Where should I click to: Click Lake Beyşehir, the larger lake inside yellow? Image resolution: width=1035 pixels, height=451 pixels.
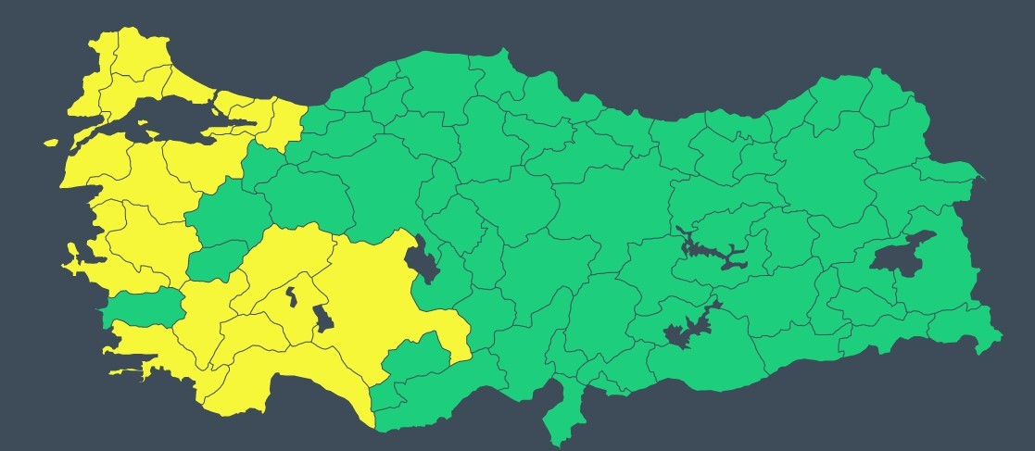pos(322,318)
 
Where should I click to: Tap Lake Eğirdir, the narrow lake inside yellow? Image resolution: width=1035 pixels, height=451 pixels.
pos(291,296)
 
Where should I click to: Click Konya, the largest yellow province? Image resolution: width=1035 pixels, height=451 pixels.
pos(371,296)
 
